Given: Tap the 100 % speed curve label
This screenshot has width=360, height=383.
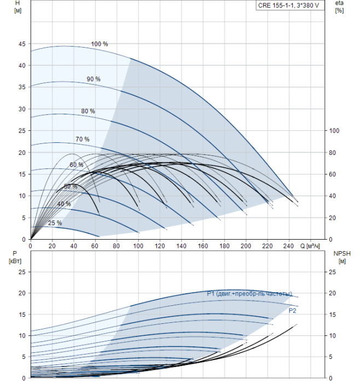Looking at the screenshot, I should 99,44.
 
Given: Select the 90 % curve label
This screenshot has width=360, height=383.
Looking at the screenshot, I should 94,79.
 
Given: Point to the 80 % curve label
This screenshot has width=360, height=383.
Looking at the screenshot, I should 88,111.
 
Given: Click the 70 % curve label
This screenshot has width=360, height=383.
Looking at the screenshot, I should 83,140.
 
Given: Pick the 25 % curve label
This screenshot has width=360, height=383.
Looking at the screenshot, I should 55,223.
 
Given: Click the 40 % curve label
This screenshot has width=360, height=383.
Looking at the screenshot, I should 64,204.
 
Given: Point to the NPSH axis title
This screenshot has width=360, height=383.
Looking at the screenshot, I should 340,253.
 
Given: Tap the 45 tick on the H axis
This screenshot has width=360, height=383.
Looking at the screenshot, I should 22,44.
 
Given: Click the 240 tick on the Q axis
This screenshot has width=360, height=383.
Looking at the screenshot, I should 289,246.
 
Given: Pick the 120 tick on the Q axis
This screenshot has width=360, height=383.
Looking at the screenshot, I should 159,246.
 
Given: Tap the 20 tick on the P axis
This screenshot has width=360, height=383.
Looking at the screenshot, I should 22,293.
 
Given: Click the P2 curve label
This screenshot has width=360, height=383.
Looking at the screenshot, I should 293,310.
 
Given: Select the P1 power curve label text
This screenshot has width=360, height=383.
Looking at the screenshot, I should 249,294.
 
